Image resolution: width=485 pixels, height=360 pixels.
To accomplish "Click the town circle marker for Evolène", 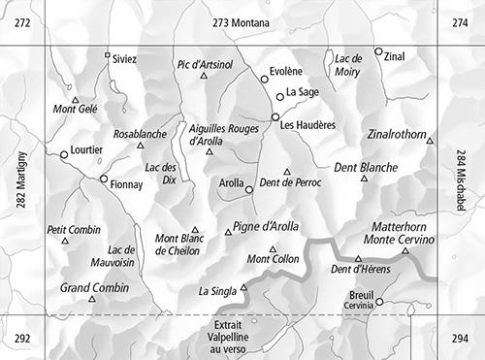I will coord(264,80).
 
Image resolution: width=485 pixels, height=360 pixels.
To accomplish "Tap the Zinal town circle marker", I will coord(378,52).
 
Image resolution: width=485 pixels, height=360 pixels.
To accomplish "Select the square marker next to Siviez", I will coord(107,55).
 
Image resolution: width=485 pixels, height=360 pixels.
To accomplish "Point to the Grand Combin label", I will coord(94,287).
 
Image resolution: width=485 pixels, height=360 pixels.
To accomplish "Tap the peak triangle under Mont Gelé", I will coord(75,99).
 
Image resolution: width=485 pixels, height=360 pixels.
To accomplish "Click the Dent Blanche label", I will coord(365,168).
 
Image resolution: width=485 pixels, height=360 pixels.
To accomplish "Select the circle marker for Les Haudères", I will coord(275,116).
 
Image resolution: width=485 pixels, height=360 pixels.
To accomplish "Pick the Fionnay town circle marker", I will coord(104,179).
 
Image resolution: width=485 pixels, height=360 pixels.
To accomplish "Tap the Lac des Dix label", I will coord(162,173).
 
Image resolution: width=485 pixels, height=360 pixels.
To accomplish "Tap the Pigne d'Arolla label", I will coord(266,227).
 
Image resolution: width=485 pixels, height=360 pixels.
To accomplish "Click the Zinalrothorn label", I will coord(398,133).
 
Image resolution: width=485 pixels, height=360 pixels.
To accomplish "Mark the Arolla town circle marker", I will coord(249,189).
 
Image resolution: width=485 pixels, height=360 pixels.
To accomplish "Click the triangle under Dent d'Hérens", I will coord(358,259).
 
